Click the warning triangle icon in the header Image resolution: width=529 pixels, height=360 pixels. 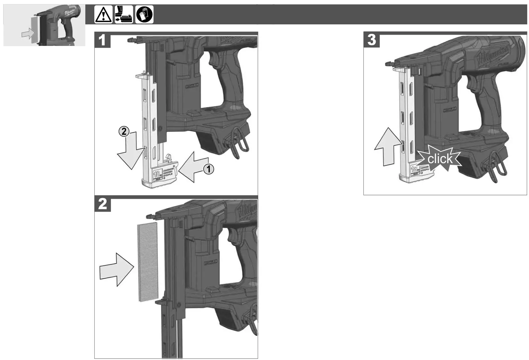pyautogui.click(x=103, y=15)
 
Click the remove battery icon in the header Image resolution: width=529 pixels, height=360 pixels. pyautogui.click(x=124, y=15)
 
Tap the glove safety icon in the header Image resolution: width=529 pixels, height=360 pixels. pyautogui.click(x=144, y=15)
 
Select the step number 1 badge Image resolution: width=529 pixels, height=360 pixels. pyautogui.click(x=102, y=40)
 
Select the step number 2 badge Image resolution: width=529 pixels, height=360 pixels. pyautogui.click(x=102, y=204)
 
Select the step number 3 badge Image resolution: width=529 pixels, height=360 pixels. pyautogui.click(x=371, y=40)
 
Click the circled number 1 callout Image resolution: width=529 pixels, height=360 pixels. pyautogui.click(x=209, y=169)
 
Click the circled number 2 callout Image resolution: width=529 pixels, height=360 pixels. pyautogui.click(x=124, y=131)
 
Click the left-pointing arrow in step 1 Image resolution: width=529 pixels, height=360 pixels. pyautogui.click(x=192, y=167)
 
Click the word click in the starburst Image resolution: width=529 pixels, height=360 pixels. pyautogui.click(x=439, y=159)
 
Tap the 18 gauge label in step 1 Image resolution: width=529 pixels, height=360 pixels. pyautogui.click(x=157, y=174)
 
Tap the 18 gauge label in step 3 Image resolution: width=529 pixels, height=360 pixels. pyautogui.click(x=415, y=169)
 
